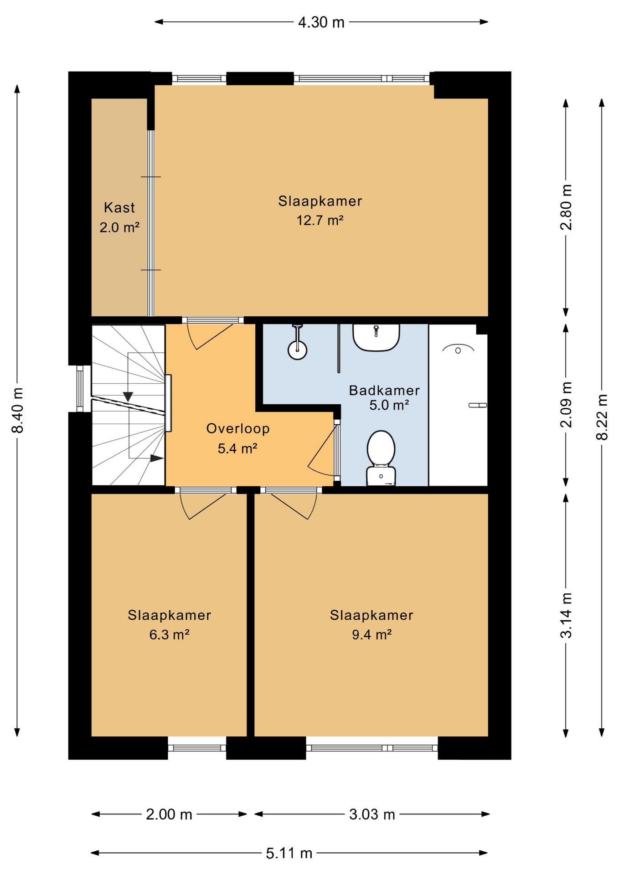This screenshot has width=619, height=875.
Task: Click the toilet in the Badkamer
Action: pos(381,458)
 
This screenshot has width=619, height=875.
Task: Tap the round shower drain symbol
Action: pos(297,350)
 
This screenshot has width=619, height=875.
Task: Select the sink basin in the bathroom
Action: pos(376,337)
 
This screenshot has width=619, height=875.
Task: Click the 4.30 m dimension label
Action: pos(321,22)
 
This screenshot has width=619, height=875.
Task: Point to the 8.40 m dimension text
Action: pos(18,410)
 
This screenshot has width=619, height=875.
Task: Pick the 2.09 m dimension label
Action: pos(566,405)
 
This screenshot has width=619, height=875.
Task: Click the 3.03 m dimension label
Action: pos(372,814)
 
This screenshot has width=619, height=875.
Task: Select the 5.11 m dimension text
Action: pos(289,853)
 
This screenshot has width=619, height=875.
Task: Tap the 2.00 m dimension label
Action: pos(169,814)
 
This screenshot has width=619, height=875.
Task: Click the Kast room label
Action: pos(119,208)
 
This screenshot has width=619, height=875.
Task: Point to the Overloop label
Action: pos(238,429)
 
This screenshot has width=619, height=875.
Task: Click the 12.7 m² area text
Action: pos(320,221)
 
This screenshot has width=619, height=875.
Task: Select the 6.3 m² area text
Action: pos(169,634)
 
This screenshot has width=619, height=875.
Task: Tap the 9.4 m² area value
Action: pos(371,634)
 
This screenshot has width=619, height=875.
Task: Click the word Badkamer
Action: pos(384,391)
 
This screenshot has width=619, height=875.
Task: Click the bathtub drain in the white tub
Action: pos(458,350)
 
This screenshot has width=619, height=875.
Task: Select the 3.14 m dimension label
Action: pos(566,615)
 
